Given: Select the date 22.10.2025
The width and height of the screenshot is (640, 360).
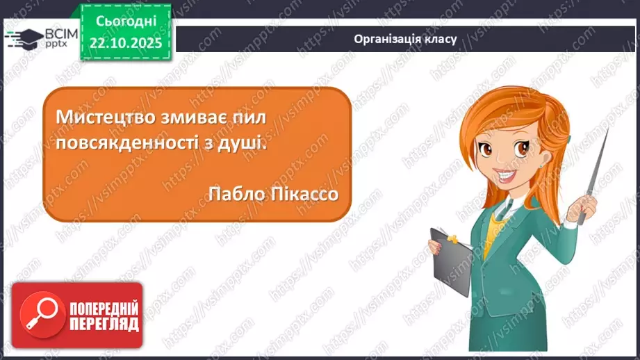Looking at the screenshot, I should (125, 42).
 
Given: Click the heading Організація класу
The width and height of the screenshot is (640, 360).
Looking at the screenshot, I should (405, 39).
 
